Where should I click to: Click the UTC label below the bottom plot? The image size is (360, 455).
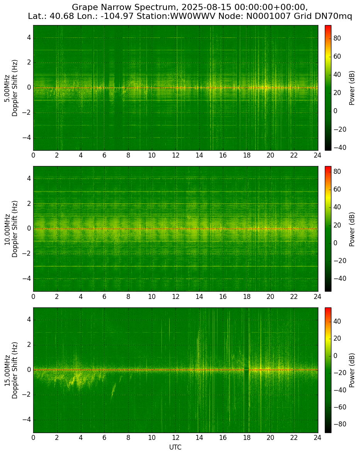click(x=175, y=447)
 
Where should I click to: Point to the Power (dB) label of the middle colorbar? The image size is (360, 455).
click(x=352, y=229)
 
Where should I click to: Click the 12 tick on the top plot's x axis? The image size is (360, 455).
click(x=175, y=155)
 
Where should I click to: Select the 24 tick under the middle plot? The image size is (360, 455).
click(x=318, y=296)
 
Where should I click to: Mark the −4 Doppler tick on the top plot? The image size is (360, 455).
click(x=27, y=138)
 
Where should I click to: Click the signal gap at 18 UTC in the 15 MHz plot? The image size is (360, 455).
click(x=246, y=370)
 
